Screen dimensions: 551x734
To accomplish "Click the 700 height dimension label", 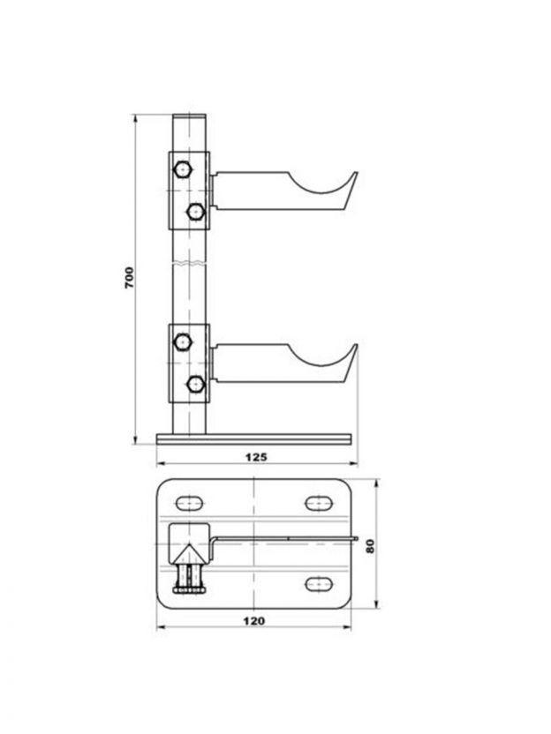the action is (129, 278).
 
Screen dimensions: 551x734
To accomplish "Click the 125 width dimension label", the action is (256, 456).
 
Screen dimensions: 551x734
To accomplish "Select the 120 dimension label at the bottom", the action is (253, 621).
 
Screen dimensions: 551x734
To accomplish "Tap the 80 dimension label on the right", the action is (370, 546).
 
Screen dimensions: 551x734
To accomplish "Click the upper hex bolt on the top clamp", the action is (182, 169).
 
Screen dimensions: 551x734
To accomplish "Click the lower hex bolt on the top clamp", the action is (195, 212).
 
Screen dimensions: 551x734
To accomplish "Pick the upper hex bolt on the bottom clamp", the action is (182, 341).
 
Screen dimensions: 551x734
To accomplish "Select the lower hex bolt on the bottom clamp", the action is (195, 385).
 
